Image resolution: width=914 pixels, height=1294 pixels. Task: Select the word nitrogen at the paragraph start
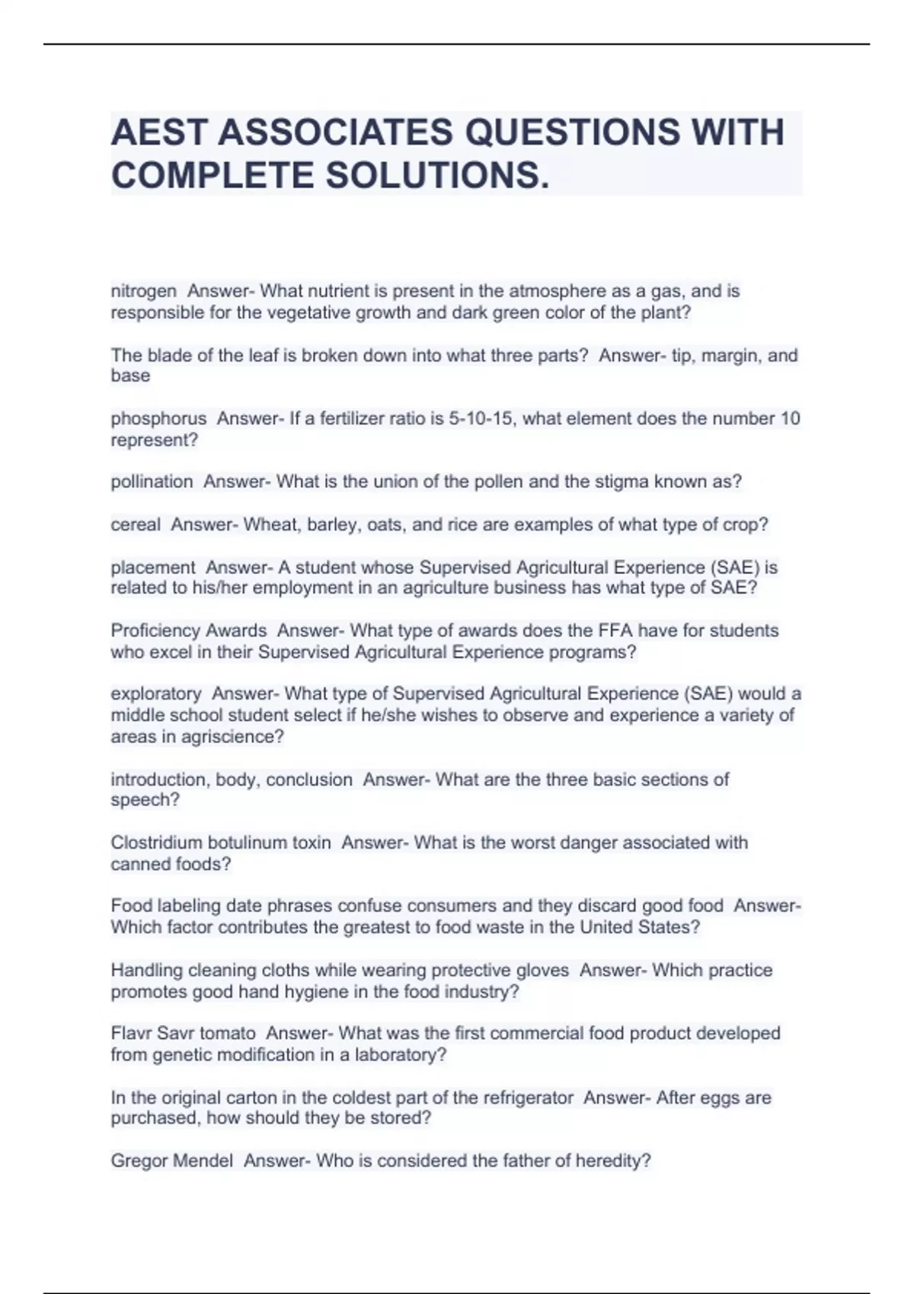143,292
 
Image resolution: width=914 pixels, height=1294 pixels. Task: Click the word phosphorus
158,419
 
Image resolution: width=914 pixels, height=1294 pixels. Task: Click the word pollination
152,482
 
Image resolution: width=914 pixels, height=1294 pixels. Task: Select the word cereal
136,525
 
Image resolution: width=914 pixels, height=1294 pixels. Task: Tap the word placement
153,568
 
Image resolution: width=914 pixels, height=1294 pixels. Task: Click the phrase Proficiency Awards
188,631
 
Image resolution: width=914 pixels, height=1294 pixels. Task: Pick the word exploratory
156,694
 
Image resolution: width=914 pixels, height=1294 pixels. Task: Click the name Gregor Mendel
171,1162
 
